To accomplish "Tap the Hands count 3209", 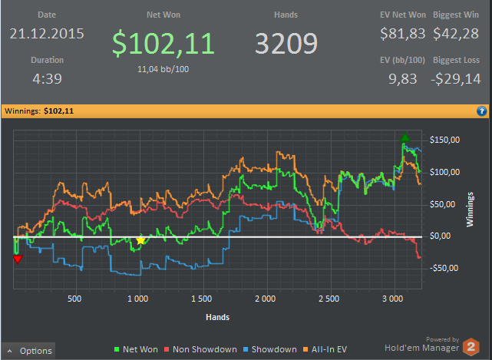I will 286,45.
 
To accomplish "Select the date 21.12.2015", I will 47,34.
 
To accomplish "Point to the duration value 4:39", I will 47,78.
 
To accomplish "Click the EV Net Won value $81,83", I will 402,34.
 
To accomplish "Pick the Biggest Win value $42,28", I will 456,34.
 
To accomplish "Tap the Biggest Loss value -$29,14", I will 455,78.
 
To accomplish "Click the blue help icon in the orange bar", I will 481,111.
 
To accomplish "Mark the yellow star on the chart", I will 140,240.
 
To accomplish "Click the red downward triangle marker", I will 18,259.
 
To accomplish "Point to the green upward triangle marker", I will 405,137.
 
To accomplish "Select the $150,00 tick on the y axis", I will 445,140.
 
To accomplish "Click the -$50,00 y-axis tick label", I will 445,268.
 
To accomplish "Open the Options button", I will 28,351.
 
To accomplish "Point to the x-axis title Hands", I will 218,316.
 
